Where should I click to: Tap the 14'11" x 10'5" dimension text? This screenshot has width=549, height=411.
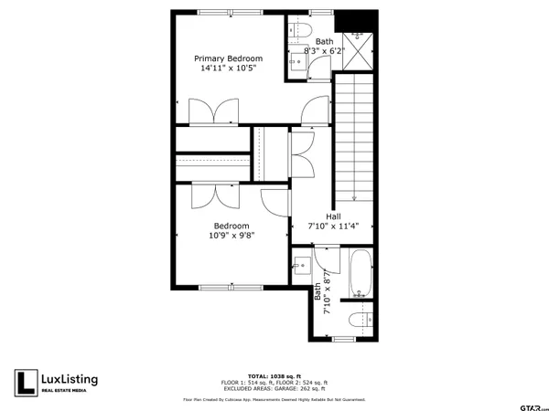coord(228,68)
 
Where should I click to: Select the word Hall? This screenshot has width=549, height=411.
coord(334,216)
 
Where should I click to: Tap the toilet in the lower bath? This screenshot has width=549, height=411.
coord(362,320)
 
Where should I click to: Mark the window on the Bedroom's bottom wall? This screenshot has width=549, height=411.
coord(232,289)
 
